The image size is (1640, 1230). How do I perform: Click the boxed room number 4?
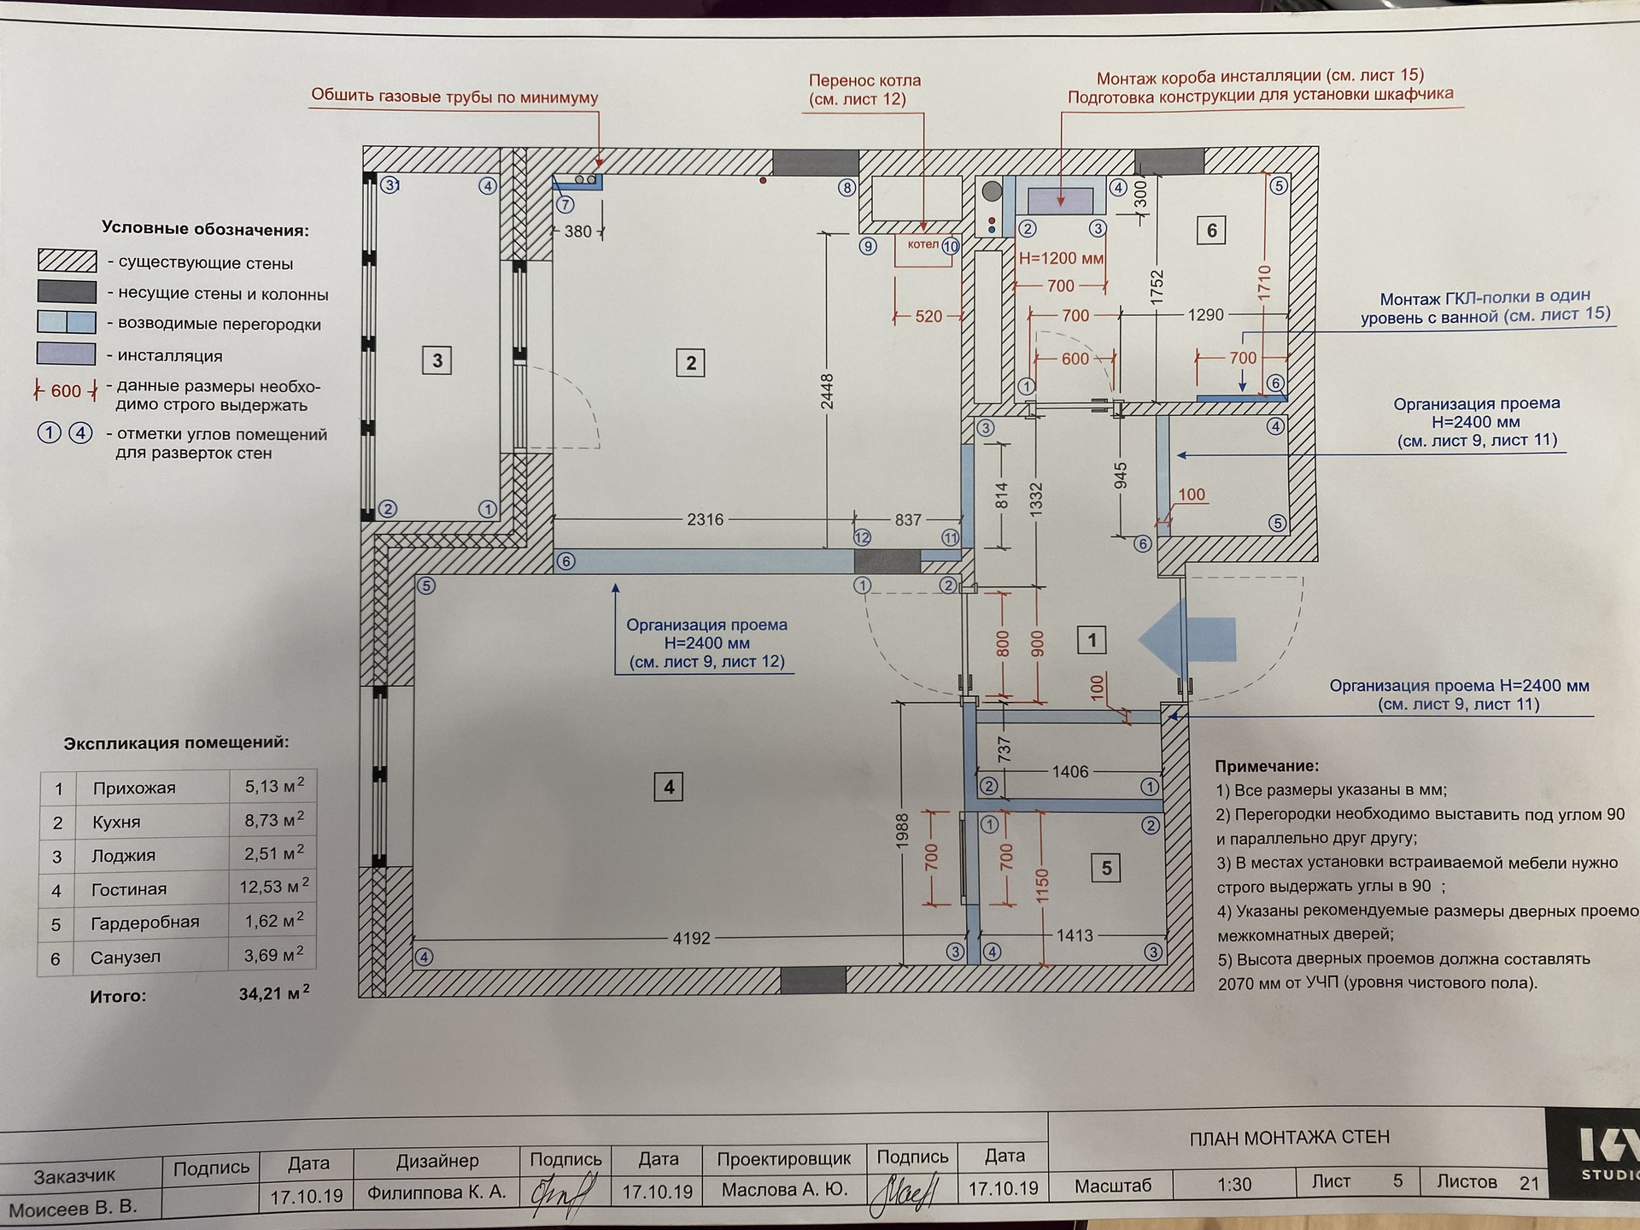pyautogui.click(x=669, y=787)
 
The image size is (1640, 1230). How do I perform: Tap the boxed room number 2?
pyautogui.click(x=691, y=363)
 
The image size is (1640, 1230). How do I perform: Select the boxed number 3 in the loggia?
pyautogui.click(x=437, y=360)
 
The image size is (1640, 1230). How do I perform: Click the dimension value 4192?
pyautogui.click(x=692, y=938)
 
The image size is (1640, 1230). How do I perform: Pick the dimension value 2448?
pyautogui.click(x=827, y=391)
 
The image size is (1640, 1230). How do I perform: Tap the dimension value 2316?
pyautogui.click(x=705, y=519)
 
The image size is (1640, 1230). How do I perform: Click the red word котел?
pyautogui.click(x=922, y=244)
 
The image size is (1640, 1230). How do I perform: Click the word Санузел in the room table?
pyautogui.click(x=126, y=958)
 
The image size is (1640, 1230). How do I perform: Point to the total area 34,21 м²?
pyautogui.click(x=273, y=993)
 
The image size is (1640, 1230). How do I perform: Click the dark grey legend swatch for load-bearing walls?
pyautogui.click(x=67, y=292)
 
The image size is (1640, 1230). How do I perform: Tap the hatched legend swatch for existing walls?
pyautogui.click(x=67, y=261)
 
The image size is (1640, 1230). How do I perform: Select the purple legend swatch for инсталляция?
pyautogui.click(x=67, y=354)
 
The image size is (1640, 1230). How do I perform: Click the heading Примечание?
pyautogui.click(x=1267, y=767)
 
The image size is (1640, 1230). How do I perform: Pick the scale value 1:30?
pyautogui.click(x=1234, y=1185)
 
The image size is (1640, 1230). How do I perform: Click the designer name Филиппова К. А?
pyautogui.click(x=436, y=1192)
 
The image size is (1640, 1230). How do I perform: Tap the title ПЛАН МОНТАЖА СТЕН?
pyautogui.click(x=1289, y=1138)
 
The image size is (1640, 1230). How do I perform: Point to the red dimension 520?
pyautogui.click(x=928, y=316)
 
